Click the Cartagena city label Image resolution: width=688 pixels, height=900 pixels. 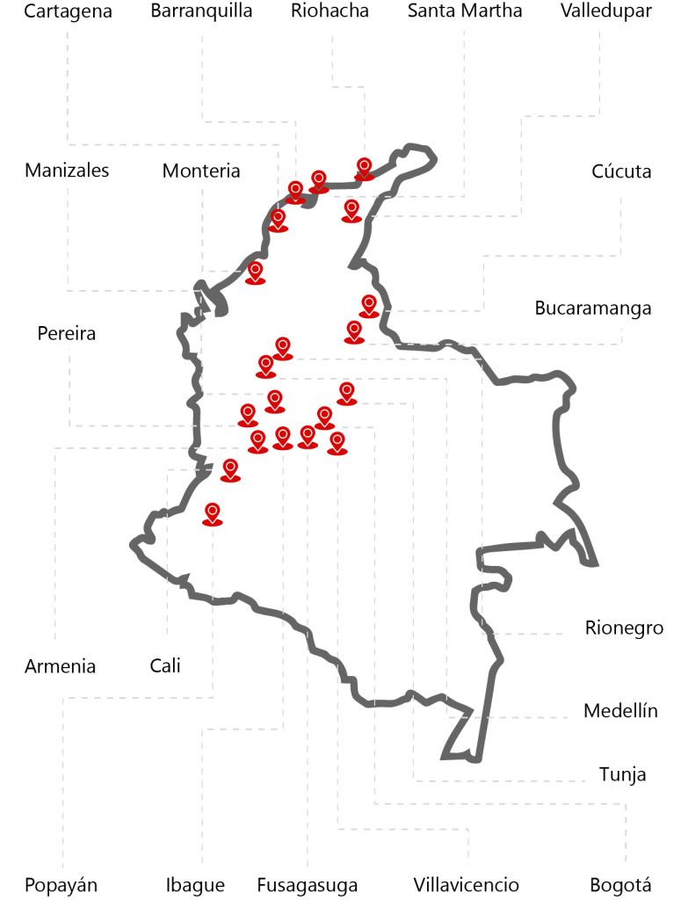coord(69,11)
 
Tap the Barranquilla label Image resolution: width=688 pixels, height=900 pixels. coord(201,11)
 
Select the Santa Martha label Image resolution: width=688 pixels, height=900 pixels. coord(465,11)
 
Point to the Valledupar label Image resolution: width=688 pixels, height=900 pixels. coord(606,11)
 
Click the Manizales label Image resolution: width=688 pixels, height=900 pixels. coord(67,171)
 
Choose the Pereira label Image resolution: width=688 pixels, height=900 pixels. coord(67,334)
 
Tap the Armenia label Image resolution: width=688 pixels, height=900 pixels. coord(60,666)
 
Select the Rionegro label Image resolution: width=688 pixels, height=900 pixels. coord(624,628)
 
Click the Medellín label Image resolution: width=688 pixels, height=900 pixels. coord(620,711)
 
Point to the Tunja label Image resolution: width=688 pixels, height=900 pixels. coord(622,774)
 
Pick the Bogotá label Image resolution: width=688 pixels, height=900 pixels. coord(620,885)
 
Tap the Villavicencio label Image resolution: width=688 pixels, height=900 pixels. coord(466,885)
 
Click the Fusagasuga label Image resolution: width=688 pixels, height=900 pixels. coord(308,885)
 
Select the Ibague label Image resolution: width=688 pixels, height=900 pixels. coord(195,885)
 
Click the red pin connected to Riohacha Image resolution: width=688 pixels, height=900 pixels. coord(364,167)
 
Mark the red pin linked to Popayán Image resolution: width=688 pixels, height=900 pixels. coord(212,513)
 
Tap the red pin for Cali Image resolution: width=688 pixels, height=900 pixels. coord(230,469)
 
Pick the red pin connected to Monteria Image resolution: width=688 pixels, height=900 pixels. coord(255,272)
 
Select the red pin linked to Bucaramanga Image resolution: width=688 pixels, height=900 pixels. coord(354,331)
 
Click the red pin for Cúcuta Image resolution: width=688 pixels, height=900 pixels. coord(369,305)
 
